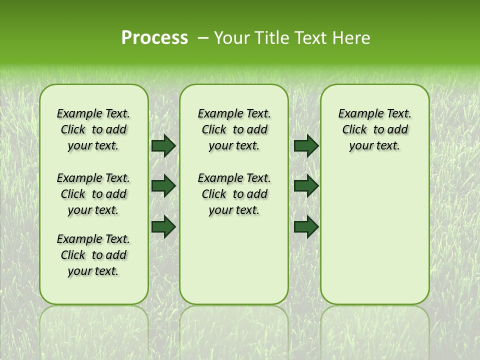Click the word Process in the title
pos(154,38)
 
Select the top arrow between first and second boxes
pos(163,145)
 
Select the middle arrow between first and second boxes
pos(163,186)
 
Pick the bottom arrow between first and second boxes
pos(163,226)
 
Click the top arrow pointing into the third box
pos(306,145)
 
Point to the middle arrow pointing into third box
pos(306,186)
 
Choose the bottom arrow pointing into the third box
pos(306,226)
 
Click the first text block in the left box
pos(93,129)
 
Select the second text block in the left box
pos(93,194)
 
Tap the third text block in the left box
pos(93,255)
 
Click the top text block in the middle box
pos(234,129)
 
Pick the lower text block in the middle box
pos(234,194)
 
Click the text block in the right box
pos(374,129)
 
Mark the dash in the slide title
pos(203,38)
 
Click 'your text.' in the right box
pos(374,146)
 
